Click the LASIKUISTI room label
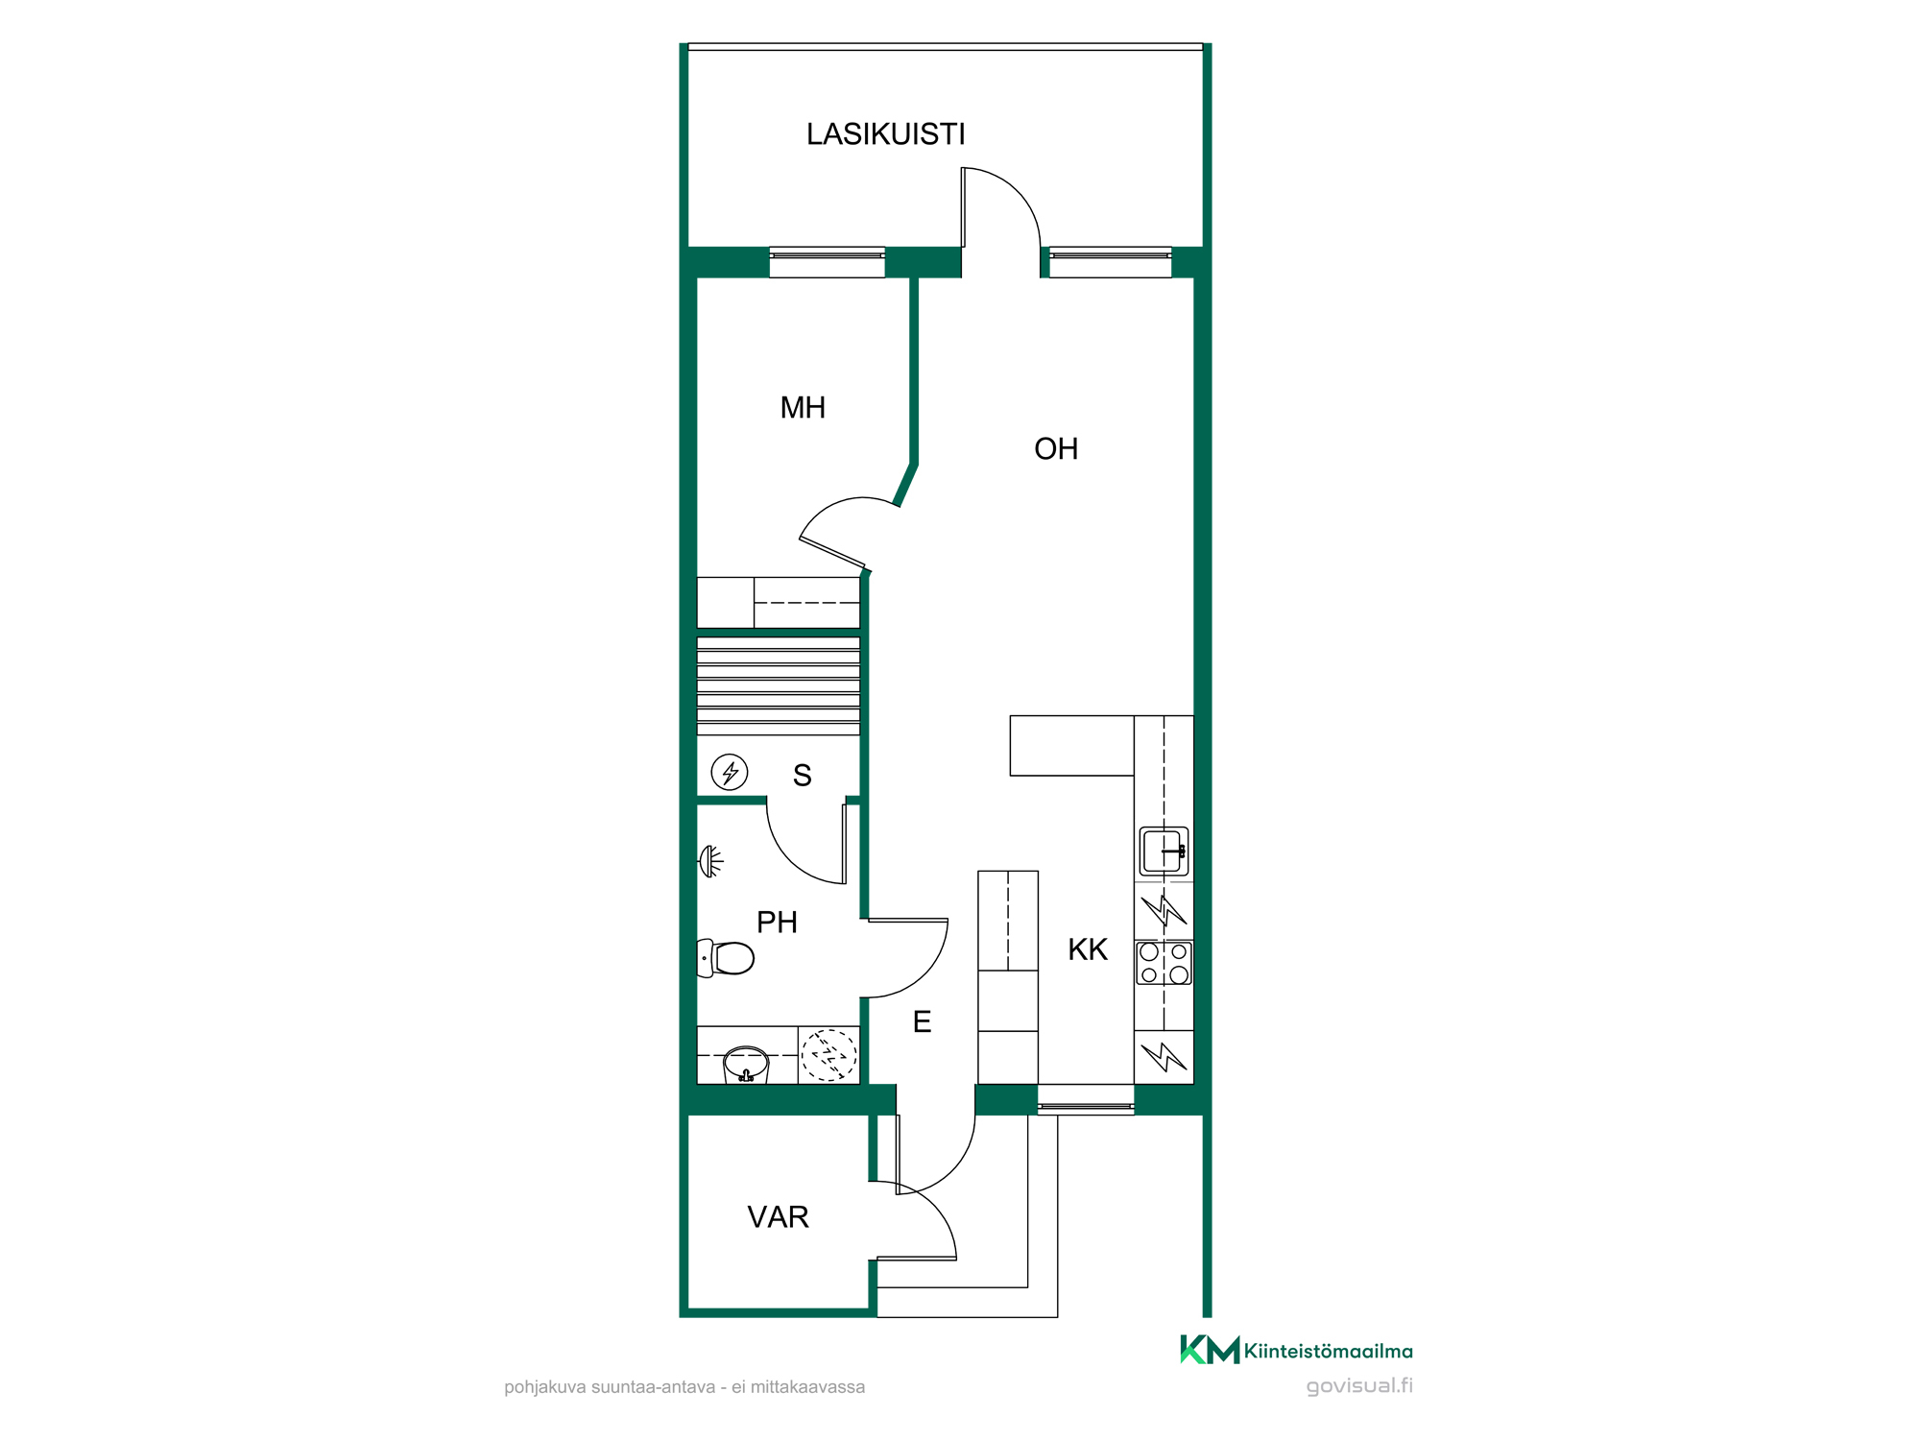point(885,134)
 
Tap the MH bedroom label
point(803,408)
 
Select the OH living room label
point(1056,449)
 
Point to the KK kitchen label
point(1088,950)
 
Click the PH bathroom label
point(777,923)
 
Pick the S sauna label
point(803,776)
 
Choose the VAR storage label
point(778,1217)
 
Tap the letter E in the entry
point(922,1022)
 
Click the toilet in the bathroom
point(726,958)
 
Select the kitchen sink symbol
point(1164,852)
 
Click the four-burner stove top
point(1164,963)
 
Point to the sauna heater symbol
point(730,772)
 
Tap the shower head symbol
point(710,861)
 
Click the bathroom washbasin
point(746,1065)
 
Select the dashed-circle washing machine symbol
point(829,1055)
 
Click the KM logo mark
point(1210,1350)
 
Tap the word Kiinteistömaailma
point(1329,1352)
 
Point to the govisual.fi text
point(1359,1386)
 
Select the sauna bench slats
point(779,686)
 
